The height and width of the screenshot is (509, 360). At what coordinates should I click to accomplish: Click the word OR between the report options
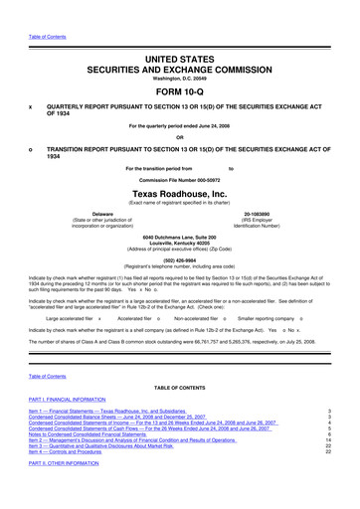point(180,136)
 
